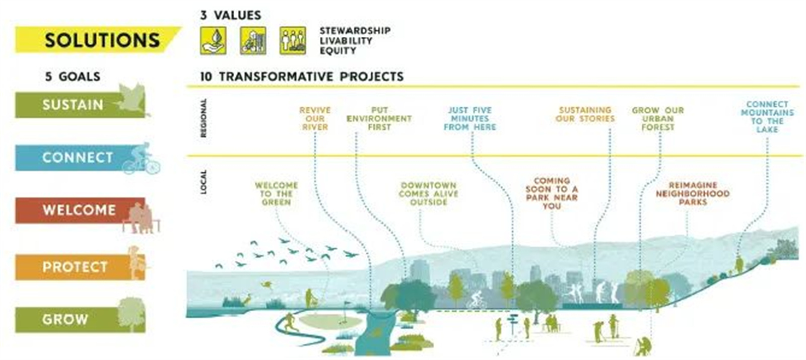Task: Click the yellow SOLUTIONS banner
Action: click(x=97, y=40)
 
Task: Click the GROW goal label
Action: click(x=80, y=319)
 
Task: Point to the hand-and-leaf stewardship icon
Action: click(x=213, y=41)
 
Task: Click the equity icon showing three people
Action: click(x=293, y=41)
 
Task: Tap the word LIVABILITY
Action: click(x=346, y=41)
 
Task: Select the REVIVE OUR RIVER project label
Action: click(x=315, y=119)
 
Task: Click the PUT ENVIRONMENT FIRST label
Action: click(x=379, y=119)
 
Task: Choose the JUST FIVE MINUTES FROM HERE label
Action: click(x=469, y=119)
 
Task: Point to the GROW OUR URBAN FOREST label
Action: click(x=658, y=119)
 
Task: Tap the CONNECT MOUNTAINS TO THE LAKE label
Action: click(x=767, y=116)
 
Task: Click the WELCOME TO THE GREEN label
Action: click(x=277, y=194)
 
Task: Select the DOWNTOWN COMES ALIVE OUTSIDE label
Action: click(x=428, y=194)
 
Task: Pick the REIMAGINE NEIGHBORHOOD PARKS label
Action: click(x=693, y=193)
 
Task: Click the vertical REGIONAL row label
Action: click(x=204, y=118)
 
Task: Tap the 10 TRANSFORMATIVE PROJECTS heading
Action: click(x=302, y=77)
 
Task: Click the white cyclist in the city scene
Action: click(x=476, y=300)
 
